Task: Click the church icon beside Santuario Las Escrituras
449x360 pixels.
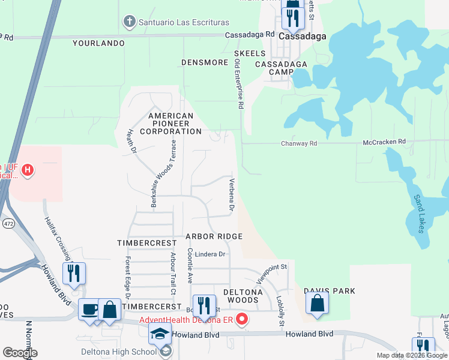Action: click(x=128, y=23)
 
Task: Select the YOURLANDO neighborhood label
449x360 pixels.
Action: click(x=98, y=43)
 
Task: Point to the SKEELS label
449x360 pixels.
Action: click(x=246, y=53)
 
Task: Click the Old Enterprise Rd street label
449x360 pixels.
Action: click(x=240, y=88)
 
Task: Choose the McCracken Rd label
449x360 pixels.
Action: click(x=384, y=142)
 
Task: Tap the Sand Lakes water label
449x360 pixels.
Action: click(x=419, y=213)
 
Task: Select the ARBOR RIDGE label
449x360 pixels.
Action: click(x=214, y=237)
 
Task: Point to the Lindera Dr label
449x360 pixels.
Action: click(x=209, y=254)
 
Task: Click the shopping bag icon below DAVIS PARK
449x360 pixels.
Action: click(x=317, y=304)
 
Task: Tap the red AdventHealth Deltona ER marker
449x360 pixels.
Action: click(x=241, y=319)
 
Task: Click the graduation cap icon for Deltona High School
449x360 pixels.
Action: click(x=160, y=334)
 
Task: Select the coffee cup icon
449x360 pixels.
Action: click(x=89, y=310)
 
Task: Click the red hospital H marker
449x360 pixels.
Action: click(x=27, y=171)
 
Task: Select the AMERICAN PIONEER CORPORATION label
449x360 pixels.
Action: click(x=170, y=124)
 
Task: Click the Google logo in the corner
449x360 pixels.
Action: click(x=19, y=353)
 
